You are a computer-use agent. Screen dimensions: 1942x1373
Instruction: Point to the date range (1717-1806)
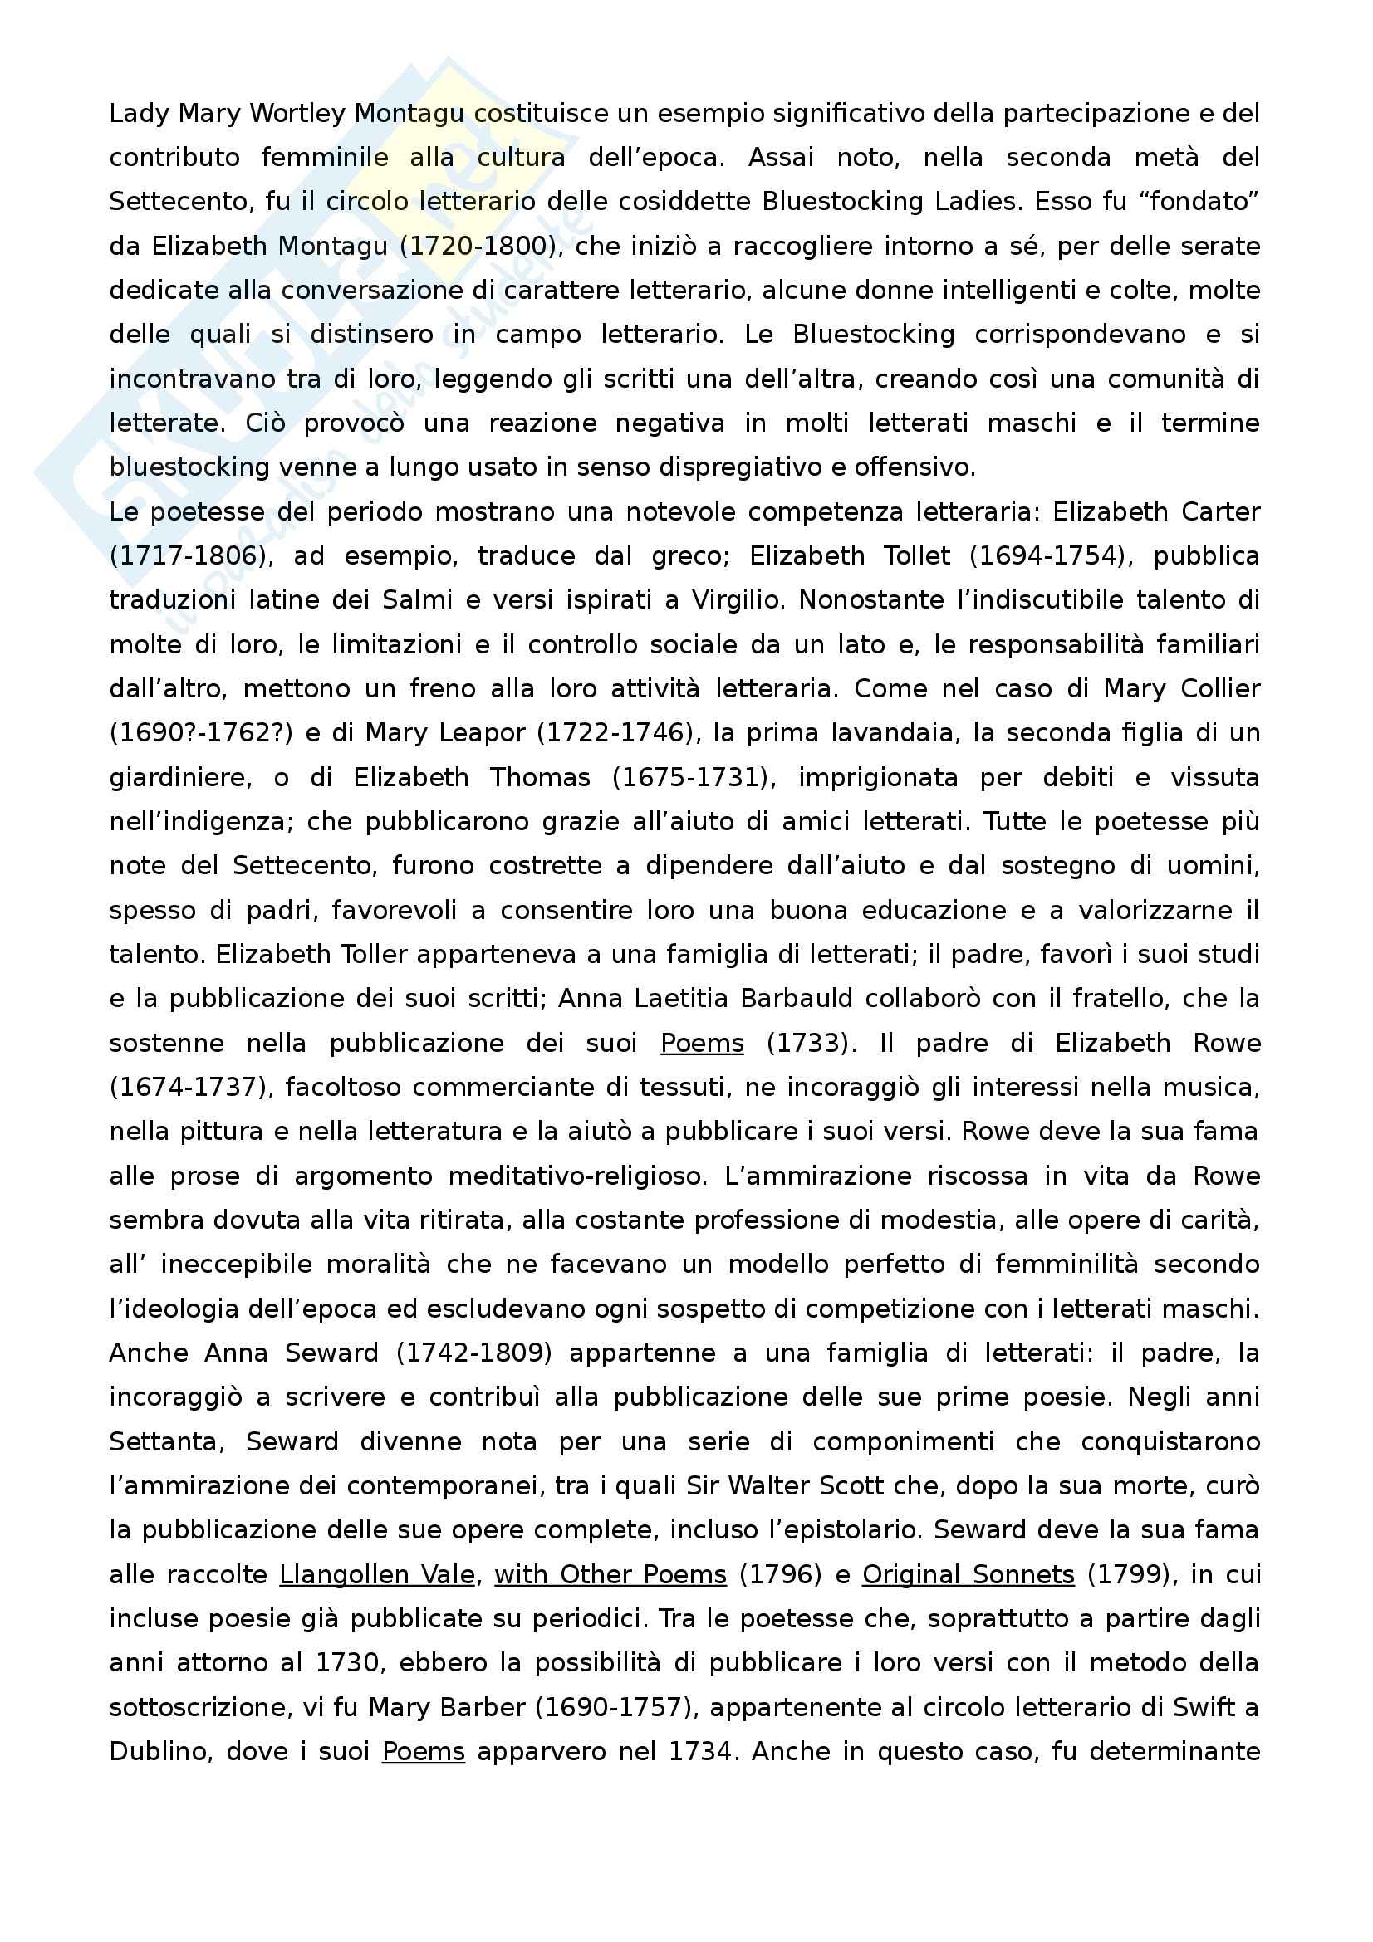184,555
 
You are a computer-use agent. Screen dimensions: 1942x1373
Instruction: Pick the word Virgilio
738,600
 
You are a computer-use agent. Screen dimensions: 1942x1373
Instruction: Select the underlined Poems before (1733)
702,1043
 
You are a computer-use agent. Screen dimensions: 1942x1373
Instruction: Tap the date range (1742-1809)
473,1353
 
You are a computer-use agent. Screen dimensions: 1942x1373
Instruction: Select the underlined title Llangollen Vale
377,1575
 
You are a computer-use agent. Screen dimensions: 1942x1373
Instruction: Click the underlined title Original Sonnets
968,1575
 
